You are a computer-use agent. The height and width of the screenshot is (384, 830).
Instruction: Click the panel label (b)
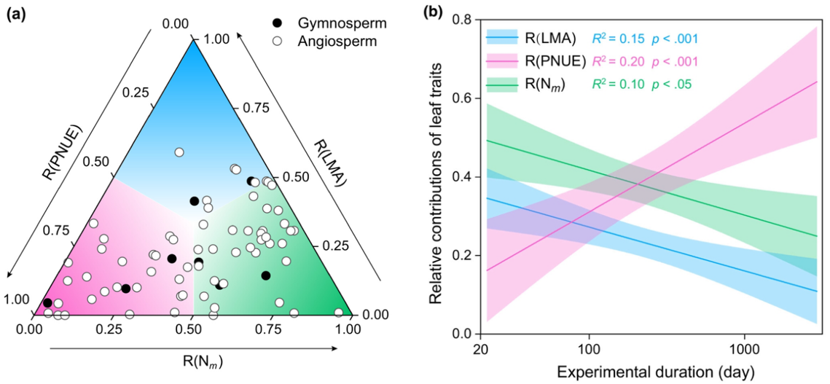[433, 12]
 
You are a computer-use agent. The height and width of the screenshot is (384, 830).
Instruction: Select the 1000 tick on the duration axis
[744, 349]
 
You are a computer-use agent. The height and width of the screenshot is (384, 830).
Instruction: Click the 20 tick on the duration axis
[481, 349]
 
